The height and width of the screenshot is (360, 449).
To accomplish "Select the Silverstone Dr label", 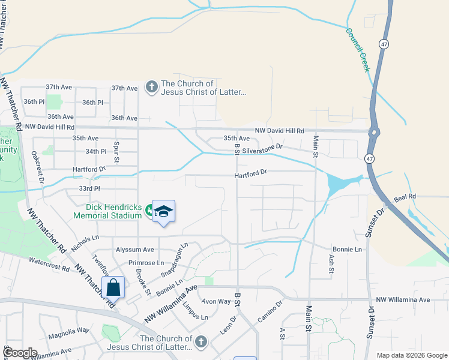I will pos(262,147).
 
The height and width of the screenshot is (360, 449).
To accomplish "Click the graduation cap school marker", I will pos(163,211).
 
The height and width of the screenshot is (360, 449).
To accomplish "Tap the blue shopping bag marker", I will pos(113,288).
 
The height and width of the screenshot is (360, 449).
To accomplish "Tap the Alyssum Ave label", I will pos(134,250).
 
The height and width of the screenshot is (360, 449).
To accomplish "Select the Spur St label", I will pos(116,152).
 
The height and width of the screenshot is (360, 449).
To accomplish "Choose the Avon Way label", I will pos(216,301).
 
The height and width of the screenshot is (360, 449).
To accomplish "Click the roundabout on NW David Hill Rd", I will pos(375,132).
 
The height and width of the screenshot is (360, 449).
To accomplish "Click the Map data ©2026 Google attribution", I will pos(411,355).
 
